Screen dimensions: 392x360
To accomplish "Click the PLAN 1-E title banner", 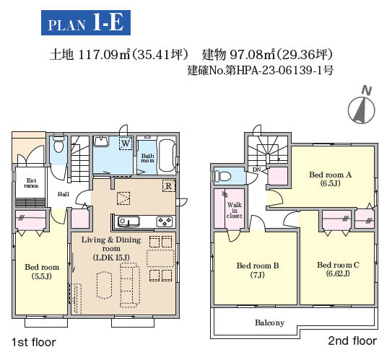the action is click(x=86, y=23).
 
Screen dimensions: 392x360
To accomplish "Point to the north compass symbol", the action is click(x=362, y=110).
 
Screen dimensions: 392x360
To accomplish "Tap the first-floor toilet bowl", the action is click(x=58, y=145).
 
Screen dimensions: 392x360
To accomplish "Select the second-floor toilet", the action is click(x=222, y=176).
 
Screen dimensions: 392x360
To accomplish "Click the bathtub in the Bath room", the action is click(x=167, y=155).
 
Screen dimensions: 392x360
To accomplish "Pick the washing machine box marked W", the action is click(x=126, y=144).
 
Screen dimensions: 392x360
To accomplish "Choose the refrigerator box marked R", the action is click(x=169, y=186).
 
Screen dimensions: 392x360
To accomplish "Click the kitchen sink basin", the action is click(x=129, y=221).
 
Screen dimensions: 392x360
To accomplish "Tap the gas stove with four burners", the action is click(x=165, y=221).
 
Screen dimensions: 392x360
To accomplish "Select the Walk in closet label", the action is click(x=234, y=210).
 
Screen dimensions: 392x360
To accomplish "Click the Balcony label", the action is click(x=269, y=322).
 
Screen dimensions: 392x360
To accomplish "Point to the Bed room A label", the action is click(x=330, y=179).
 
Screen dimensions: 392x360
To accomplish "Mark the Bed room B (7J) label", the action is click(x=258, y=270).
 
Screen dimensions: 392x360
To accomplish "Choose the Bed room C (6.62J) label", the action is click(x=338, y=269).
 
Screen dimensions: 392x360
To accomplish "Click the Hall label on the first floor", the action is click(x=64, y=194).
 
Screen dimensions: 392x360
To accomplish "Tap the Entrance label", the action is click(x=31, y=183).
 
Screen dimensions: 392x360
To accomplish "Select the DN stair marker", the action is click(x=257, y=170).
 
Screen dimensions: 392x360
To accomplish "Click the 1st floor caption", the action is click(x=34, y=342).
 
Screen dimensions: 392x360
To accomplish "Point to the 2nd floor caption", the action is click(x=352, y=341).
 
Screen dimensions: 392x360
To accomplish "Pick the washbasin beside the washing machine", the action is click(x=101, y=141).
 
